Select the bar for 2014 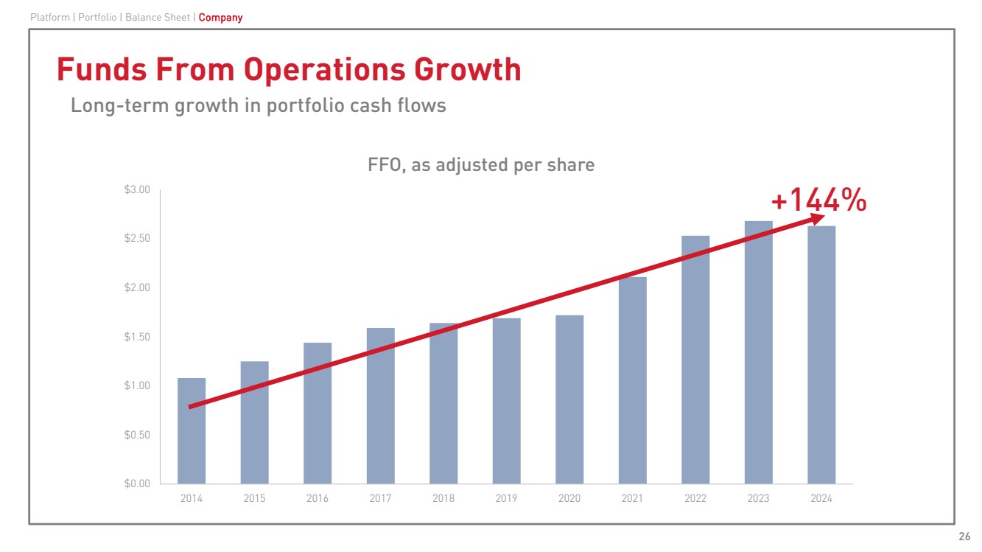pos(192,442)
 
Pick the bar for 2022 pos(695,368)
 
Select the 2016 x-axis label pos(318,499)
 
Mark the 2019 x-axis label pos(506,499)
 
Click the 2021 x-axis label pos(632,499)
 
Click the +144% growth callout pos(818,200)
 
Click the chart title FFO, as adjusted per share pos(480,165)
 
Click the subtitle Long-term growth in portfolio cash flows pos(258,105)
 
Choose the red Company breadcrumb pos(220,17)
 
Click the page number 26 pos(964,536)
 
